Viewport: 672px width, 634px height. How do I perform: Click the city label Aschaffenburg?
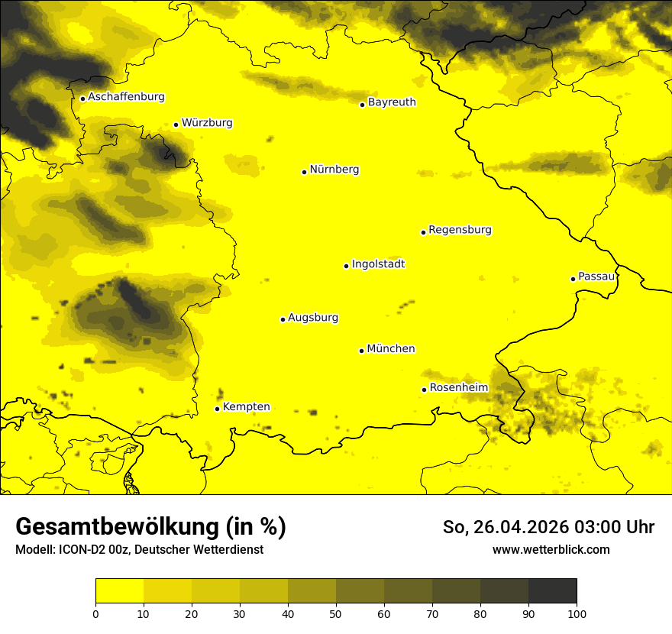pyautogui.click(x=126, y=97)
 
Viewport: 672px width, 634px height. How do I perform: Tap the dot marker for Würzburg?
pyautogui.click(x=176, y=125)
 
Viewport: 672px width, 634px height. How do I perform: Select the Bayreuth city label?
pyautogui.click(x=392, y=102)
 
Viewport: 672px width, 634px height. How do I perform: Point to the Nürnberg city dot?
pyautogui.click(x=304, y=172)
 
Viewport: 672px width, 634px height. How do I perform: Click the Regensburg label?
pyautogui.click(x=460, y=230)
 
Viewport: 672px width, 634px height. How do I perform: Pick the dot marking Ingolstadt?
pyautogui.click(x=346, y=266)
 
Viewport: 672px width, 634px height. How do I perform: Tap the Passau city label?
pyautogui.click(x=596, y=277)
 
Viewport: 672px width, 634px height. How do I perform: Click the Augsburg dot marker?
pyautogui.click(x=283, y=319)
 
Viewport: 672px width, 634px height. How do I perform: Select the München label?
pyautogui.click(x=391, y=349)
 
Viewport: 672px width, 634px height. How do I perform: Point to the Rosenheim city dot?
pyautogui.click(x=424, y=390)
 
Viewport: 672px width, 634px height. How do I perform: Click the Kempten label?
pyautogui.click(x=246, y=407)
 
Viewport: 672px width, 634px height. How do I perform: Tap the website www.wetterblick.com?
pyautogui.click(x=551, y=549)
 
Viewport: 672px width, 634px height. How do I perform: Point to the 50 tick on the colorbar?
pyautogui.click(x=336, y=613)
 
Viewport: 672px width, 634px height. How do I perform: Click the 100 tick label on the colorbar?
pyautogui.click(x=577, y=613)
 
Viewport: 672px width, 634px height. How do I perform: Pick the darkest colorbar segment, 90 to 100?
pyautogui.click(x=552, y=590)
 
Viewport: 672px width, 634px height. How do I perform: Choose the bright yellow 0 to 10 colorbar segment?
pyautogui.click(x=119, y=590)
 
